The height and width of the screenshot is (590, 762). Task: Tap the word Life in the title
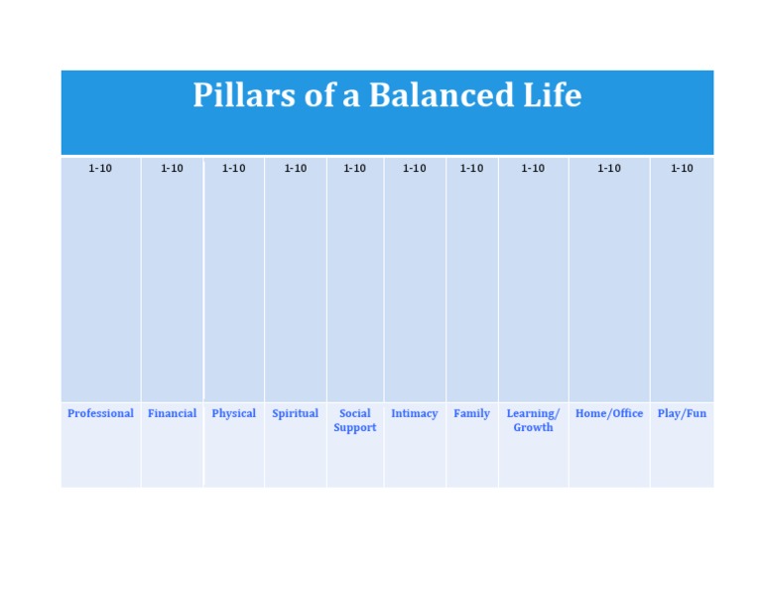tap(552, 95)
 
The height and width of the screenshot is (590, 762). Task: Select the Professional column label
tap(100, 413)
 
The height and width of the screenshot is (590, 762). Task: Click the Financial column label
tap(172, 413)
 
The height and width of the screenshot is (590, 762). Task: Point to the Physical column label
tap(233, 413)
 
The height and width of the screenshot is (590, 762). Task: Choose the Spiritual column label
tap(295, 413)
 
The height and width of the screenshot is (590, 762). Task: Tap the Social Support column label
tap(354, 420)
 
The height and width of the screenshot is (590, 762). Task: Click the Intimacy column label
tap(414, 413)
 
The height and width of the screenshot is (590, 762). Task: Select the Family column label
tap(471, 413)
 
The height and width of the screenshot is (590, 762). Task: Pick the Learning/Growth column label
tap(533, 420)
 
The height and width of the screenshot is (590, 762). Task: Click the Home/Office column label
tap(608, 413)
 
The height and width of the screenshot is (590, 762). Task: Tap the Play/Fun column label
tap(682, 413)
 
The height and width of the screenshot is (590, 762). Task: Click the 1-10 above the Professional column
tap(100, 169)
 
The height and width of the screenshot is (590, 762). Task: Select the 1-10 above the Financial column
tap(172, 169)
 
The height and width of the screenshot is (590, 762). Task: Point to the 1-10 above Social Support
tap(354, 169)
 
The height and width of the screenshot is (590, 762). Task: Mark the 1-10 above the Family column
tap(471, 169)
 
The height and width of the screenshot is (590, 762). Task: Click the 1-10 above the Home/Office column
tap(608, 169)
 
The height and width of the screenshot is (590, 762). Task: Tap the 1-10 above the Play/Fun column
tap(682, 169)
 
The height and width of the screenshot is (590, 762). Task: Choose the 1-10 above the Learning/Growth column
tap(533, 169)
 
